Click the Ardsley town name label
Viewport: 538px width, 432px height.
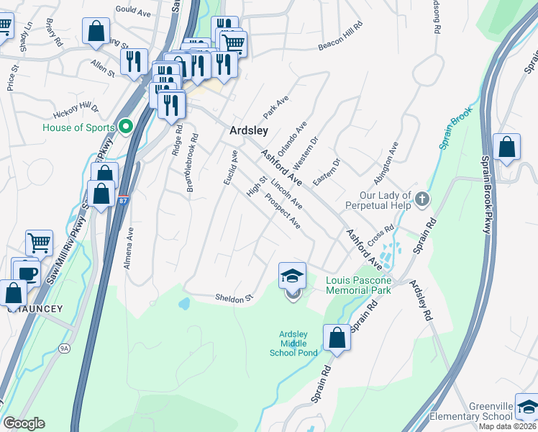click(x=248, y=131)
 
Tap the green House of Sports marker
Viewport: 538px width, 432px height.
click(x=127, y=127)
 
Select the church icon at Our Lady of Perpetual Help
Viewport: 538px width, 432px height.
click(x=422, y=199)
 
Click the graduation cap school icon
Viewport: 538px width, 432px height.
click(x=292, y=276)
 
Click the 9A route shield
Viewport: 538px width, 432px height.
click(x=65, y=348)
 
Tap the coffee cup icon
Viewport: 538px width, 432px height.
click(x=28, y=274)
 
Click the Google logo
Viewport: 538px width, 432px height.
click(x=24, y=423)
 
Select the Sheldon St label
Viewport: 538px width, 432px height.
click(x=234, y=297)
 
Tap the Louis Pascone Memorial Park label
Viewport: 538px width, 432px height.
click(x=358, y=285)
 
